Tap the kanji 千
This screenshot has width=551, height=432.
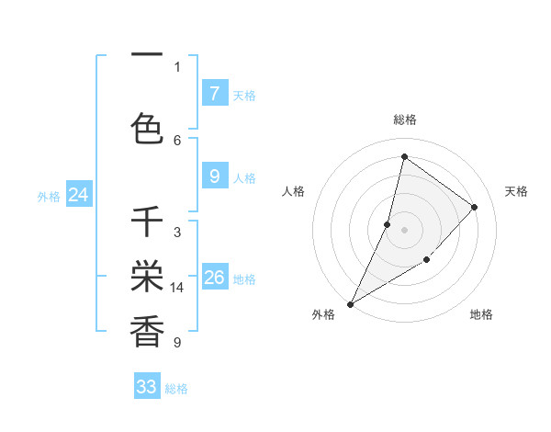click(147, 223)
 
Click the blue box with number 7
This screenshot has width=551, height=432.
click(214, 93)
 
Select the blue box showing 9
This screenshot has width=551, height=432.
click(214, 176)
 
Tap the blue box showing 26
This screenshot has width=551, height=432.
click(215, 277)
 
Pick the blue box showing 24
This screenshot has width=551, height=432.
click(79, 194)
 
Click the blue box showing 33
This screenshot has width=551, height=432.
click(147, 387)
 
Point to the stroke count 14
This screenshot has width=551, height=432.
click(178, 288)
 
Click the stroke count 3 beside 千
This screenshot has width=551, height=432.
click(177, 233)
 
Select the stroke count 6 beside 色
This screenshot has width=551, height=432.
click(177, 140)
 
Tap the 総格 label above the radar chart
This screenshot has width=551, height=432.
click(405, 119)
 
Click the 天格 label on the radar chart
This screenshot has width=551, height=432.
click(516, 191)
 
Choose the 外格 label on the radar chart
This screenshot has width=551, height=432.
click(323, 314)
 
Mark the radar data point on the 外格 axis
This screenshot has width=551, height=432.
click(350, 303)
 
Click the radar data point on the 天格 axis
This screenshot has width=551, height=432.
click(475, 207)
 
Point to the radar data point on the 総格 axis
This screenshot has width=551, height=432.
click(404, 156)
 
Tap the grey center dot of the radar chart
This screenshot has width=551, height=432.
click(404, 230)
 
